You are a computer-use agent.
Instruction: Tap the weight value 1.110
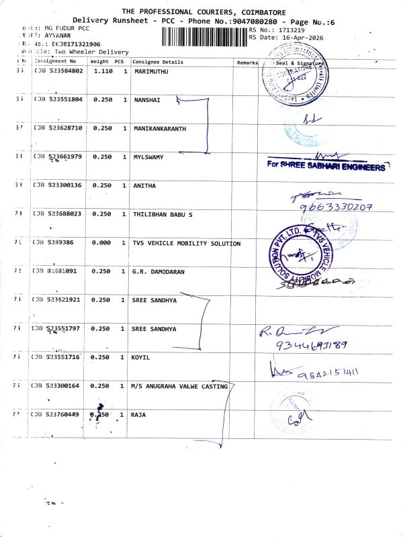pyautogui.click(x=102, y=71)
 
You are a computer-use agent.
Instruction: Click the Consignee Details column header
pyautogui.click(x=157, y=62)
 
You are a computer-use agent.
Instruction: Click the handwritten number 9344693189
pyautogui.click(x=312, y=346)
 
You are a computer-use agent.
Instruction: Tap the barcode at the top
pyautogui.click(x=221, y=35)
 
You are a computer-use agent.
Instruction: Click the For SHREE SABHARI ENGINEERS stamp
pyautogui.click(x=325, y=166)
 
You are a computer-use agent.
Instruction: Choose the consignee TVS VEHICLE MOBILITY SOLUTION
pyautogui.click(x=186, y=243)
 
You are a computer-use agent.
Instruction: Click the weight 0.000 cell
pyautogui.click(x=101, y=243)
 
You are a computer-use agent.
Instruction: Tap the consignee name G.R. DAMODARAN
pyautogui.click(x=159, y=272)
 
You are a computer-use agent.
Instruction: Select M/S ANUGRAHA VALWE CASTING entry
pyautogui.click(x=180, y=386)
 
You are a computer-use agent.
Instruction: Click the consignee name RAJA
pyautogui.click(x=139, y=415)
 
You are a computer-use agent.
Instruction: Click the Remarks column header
pyautogui.click(x=247, y=62)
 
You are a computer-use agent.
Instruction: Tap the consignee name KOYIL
pyautogui.click(x=141, y=358)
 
